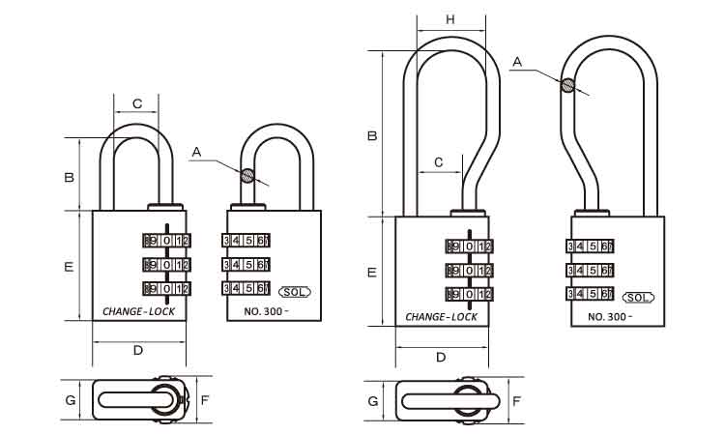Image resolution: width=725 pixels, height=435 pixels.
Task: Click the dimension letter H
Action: click(x=450, y=20)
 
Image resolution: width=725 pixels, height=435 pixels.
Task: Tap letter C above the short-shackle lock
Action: click(x=137, y=102)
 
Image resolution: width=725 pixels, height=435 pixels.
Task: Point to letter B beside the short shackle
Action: click(x=69, y=178)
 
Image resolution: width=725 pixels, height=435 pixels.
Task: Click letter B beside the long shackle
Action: click(x=371, y=136)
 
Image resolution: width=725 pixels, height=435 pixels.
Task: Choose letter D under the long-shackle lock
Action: click(x=441, y=358)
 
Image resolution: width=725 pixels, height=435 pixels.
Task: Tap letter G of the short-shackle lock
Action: click(x=71, y=399)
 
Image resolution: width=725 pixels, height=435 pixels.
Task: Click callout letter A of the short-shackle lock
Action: click(x=197, y=152)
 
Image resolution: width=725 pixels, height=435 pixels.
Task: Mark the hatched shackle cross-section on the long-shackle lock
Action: click(x=567, y=85)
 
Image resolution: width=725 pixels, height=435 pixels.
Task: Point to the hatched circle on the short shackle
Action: click(x=248, y=176)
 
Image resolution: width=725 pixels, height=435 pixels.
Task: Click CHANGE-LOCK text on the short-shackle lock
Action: click(x=137, y=312)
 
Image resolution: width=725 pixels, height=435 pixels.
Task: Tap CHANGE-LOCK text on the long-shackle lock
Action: click(x=441, y=316)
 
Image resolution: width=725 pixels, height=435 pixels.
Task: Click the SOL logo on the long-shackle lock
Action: click(x=638, y=297)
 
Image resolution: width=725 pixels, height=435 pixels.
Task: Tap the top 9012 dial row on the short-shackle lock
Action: click(x=167, y=241)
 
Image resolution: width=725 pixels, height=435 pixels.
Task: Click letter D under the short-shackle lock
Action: click(x=137, y=350)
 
